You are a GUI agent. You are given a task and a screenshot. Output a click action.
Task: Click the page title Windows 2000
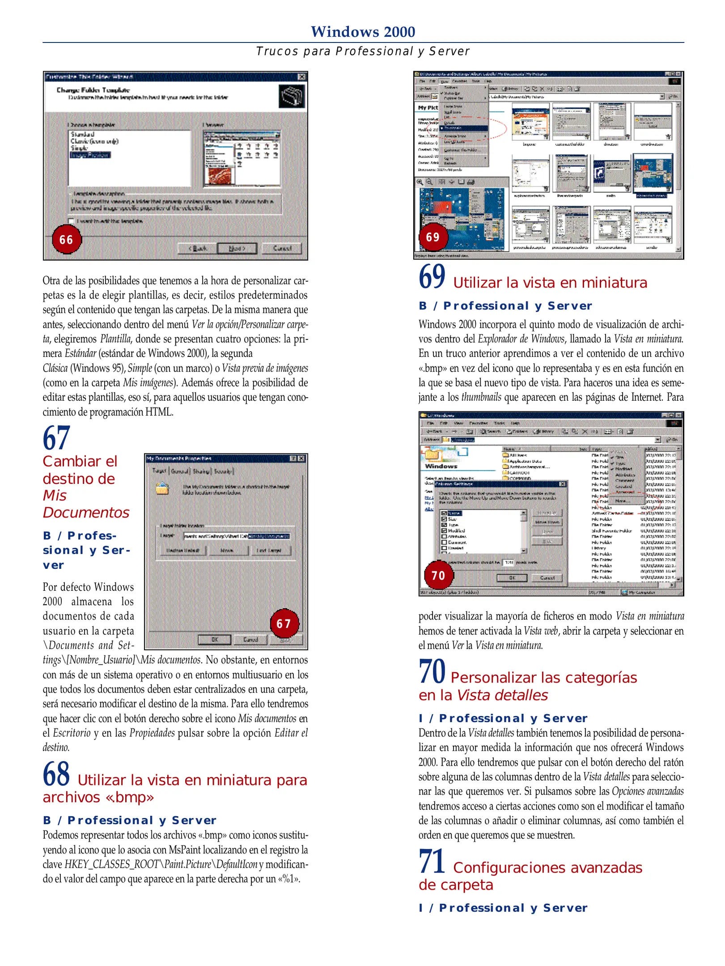tap(363, 32)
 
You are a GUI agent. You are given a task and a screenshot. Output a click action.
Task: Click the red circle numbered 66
tap(67, 240)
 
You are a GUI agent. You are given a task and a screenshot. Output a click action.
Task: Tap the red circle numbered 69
tap(432, 237)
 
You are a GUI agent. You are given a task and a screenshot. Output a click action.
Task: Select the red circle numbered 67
tap(284, 623)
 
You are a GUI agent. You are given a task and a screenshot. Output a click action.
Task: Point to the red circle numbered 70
tap(438, 575)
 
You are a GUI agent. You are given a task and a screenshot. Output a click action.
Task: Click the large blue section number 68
tap(56, 774)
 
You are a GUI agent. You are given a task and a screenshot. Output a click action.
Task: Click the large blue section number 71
tap(432, 861)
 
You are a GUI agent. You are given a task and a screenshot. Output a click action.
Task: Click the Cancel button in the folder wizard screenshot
tap(282, 248)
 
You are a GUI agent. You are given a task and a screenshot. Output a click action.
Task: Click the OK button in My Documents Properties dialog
tap(215, 640)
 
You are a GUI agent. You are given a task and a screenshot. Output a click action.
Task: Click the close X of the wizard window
tap(302, 77)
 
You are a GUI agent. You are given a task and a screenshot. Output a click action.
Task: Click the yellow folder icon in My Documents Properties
tap(162, 488)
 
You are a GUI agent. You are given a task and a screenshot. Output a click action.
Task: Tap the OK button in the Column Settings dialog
tap(513, 578)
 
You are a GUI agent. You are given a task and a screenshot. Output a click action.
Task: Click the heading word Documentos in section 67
tap(86, 513)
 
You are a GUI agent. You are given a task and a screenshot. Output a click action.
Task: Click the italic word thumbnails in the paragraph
tap(481, 397)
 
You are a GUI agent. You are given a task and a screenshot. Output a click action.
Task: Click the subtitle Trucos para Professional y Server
tap(363, 51)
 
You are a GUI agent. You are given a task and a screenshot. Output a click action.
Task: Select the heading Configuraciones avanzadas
tap(547, 868)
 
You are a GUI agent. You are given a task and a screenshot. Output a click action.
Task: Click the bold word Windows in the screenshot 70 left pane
tap(441, 466)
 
